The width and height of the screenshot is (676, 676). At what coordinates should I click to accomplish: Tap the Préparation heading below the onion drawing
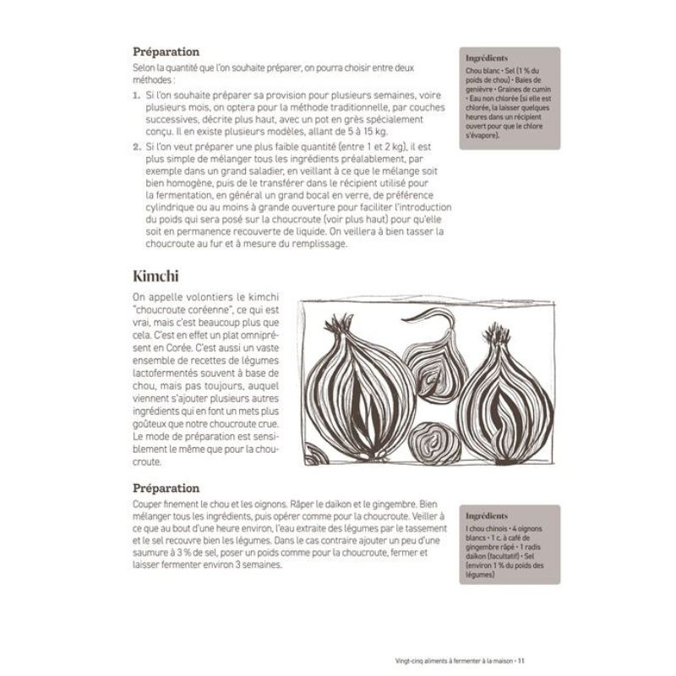coord(166,488)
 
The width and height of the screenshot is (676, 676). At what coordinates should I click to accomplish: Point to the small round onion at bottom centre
coord(433,443)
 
